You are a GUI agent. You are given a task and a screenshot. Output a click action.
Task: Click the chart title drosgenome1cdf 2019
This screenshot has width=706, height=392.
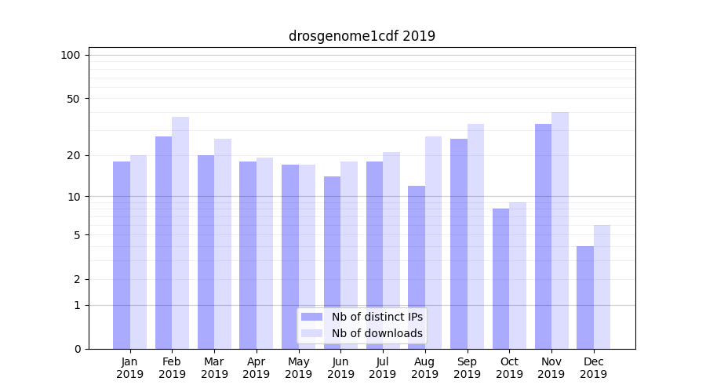pos(362,36)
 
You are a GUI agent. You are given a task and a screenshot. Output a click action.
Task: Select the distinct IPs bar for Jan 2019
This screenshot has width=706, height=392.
pos(122,255)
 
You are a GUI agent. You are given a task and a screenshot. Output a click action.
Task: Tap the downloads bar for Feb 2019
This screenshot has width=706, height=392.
pos(180,233)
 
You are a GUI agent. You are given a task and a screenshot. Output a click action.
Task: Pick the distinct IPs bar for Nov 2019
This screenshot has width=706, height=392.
pos(543,236)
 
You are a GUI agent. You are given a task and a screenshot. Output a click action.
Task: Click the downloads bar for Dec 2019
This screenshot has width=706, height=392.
pos(602,287)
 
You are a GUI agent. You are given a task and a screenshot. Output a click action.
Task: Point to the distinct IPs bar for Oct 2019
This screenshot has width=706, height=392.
pos(500,278)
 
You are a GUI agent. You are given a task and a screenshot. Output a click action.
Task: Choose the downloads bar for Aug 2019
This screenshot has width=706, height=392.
pos(433,242)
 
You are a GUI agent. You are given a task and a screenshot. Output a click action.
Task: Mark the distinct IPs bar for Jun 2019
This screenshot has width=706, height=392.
pos(332,263)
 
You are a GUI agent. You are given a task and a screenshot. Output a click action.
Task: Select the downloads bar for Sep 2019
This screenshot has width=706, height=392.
pos(475,236)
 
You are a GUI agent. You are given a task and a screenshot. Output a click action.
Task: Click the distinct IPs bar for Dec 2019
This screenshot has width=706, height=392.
pos(585,297)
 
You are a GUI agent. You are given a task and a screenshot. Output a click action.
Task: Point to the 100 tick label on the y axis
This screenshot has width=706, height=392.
pos(71,55)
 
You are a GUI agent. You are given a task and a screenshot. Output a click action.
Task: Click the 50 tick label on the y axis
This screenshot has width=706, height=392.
pos(73,99)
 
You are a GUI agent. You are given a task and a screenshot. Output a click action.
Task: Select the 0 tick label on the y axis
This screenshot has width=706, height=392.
pos(77,349)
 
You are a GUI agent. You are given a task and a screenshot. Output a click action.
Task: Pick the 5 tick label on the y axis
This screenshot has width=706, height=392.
pos(77,235)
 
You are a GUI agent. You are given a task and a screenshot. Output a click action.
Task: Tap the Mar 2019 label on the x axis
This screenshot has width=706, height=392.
pos(214,368)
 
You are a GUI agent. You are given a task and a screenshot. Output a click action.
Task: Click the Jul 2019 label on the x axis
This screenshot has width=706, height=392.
pos(383,368)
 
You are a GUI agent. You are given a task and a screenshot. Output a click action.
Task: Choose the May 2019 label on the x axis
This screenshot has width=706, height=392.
pos(298,368)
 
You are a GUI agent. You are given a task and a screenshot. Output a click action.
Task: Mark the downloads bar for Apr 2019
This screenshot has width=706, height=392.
pos(264,253)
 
